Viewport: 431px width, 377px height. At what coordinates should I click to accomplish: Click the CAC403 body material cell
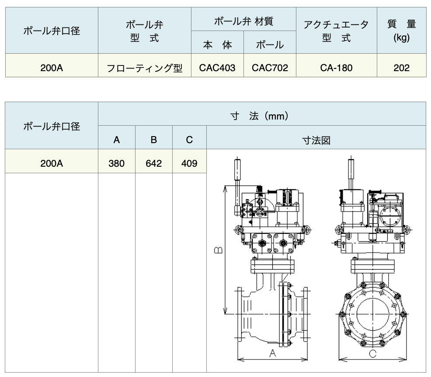click(217, 68)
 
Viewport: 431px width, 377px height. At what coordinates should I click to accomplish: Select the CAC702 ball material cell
click(270, 68)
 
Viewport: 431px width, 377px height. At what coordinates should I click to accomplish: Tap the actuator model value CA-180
click(336, 68)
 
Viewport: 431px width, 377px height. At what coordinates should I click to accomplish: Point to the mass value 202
click(401, 68)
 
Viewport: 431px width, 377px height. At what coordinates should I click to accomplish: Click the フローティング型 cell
click(145, 68)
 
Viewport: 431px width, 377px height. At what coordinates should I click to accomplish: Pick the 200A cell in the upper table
click(52, 68)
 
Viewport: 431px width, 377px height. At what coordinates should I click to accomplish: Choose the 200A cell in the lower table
click(52, 164)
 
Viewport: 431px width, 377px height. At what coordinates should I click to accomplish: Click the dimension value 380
click(117, 164)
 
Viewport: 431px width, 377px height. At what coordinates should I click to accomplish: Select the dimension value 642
click(154, 164)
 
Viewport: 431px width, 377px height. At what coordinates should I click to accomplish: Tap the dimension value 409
click(189, 164)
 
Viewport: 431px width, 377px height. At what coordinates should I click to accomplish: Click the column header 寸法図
click(316, 140)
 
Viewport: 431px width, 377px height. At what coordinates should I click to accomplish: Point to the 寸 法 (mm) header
click(260, 116)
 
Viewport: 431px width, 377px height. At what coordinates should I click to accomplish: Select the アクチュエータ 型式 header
click(336, 31)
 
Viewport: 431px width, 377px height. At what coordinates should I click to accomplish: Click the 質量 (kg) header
click(401, 31)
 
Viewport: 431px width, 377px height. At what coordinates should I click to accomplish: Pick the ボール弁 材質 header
click(243, 21)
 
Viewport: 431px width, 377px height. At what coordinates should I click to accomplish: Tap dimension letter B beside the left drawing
click(218, 250)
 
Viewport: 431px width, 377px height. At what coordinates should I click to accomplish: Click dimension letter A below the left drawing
click(272, 353)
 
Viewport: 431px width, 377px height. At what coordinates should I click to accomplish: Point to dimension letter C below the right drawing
click(372, 353)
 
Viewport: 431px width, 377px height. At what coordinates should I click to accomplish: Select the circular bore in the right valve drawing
click(373, 314)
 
